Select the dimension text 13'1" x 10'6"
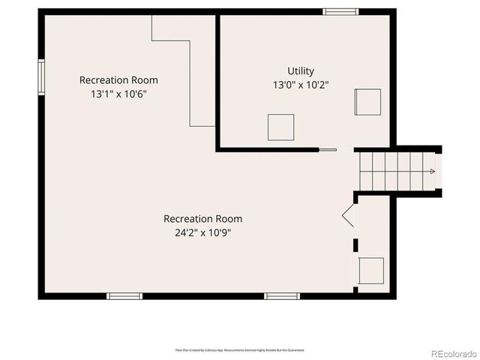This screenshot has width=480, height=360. coord(118,94)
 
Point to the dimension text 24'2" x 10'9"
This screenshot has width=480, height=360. coord(202,232)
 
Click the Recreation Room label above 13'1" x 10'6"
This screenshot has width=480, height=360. coord(118,80)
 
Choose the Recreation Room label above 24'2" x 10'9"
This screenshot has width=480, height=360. coord(202,219)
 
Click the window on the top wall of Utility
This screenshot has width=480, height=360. coord(340,11)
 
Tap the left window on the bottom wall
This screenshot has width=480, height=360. coord(124,295)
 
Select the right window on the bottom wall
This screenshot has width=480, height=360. coord(282,295)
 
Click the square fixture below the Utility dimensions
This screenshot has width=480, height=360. coord(280,127)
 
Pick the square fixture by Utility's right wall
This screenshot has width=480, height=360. coord(367,102)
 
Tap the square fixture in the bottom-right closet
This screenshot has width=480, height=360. coord(372,269)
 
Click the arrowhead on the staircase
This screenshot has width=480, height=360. coord(432,172)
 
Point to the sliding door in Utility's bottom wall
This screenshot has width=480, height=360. coord(328,149)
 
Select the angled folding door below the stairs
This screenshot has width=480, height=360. coord(349,217)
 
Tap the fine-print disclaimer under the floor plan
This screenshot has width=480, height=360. coord(239,349)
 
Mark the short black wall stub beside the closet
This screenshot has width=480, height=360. coord(356,244)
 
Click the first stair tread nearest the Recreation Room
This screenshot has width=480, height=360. coord(364,172)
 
